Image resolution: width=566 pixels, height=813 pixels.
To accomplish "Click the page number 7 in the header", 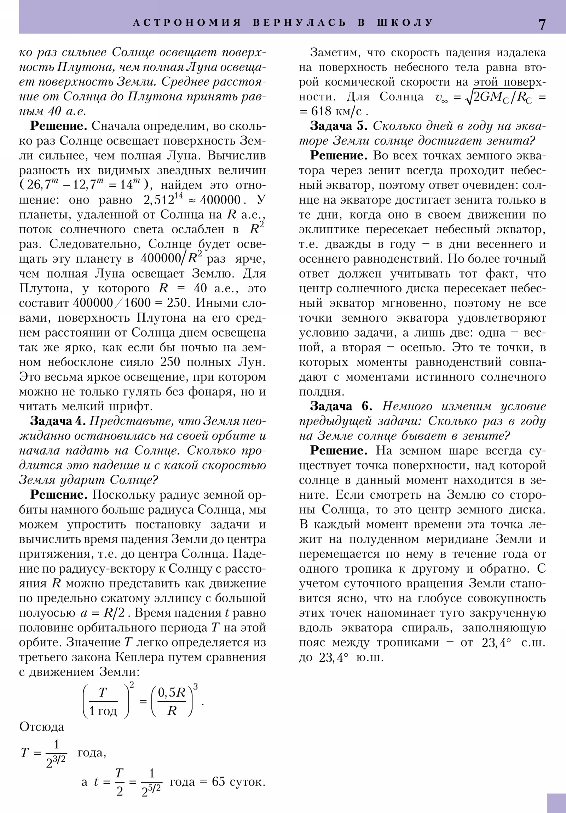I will (x=542, y=24).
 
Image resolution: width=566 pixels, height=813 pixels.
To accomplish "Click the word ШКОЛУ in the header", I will (x=405, y=23).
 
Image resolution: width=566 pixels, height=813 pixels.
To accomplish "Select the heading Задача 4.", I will (x=58, y=421).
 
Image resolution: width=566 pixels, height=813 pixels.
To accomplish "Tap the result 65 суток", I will (x=238, y=781).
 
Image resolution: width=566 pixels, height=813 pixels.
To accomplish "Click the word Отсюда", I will (x=41, y=727).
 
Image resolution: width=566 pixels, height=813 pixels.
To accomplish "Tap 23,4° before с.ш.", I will (x=496, y=643).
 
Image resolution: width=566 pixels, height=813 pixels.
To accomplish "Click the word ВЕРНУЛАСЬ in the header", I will (x=300, y=23).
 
